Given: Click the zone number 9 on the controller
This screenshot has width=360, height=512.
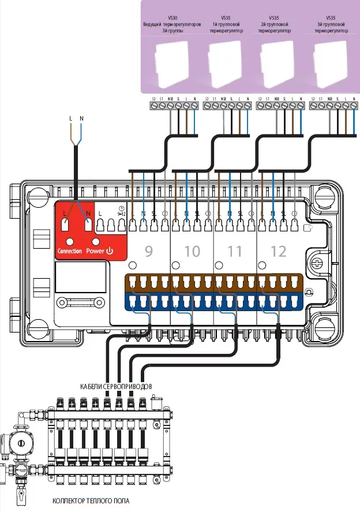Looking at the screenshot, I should click(148, 252).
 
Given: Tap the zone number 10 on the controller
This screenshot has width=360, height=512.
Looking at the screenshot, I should click(192, 252).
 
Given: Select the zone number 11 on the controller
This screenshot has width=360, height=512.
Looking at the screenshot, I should click(235, 252).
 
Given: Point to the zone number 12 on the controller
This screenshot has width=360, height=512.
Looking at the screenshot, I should click(279, 252).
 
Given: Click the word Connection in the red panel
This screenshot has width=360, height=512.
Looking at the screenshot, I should click(70, 252).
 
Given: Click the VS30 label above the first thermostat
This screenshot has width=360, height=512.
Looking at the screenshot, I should click(171, 18).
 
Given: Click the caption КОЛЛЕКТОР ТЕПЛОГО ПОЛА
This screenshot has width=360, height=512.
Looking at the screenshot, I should click(91, 500).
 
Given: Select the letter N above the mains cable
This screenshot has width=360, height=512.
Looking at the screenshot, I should click(81, 119).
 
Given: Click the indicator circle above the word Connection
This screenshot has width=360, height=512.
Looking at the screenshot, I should click(70, 242).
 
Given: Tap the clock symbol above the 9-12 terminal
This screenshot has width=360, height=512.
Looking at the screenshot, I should click(121, 208).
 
